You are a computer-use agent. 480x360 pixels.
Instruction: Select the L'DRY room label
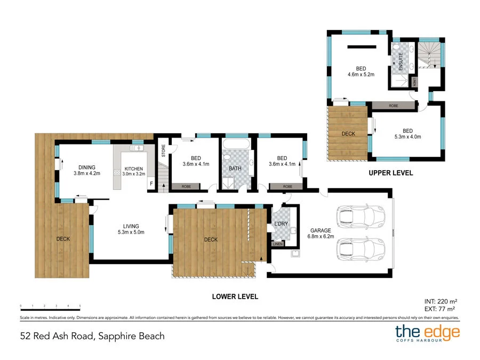281,224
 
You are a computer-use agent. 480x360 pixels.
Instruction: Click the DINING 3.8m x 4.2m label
86,170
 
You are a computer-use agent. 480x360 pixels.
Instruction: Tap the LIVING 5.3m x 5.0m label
131,229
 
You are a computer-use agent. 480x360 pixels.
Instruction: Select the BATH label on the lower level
235,169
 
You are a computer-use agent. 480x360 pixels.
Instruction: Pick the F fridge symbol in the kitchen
151,185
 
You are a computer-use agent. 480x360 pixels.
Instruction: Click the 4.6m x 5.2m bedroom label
361,71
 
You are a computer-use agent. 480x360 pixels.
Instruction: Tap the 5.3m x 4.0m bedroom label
407,133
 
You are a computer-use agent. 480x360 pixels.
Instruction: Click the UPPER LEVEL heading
390,173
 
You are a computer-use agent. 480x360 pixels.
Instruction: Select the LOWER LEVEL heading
235,296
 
